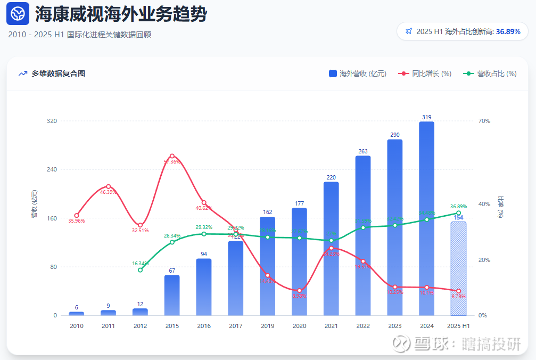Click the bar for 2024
click(x=426, y=218)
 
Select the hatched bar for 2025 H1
click(x=458, y=268)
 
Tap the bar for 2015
click(x=172, y=295)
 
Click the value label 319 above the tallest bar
click(x=426, y=117)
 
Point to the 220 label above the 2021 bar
click(x=331, y=177)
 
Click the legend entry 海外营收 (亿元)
click(x=358, y=73)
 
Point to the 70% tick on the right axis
click(x=484, y=121)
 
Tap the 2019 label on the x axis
click(x=267, y=326)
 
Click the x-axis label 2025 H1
click(x=458, y=326)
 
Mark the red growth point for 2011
click(x=108, y=186)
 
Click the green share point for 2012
click(x=140, y=270)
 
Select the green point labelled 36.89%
click(x=458, y=213)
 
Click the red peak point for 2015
click(x=172, y=156)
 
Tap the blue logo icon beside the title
click(x=18, y=14)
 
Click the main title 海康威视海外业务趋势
click(x=121, y=14)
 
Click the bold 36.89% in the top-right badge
click(x=508, y=31)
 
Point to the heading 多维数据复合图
click(x=58, y=73)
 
